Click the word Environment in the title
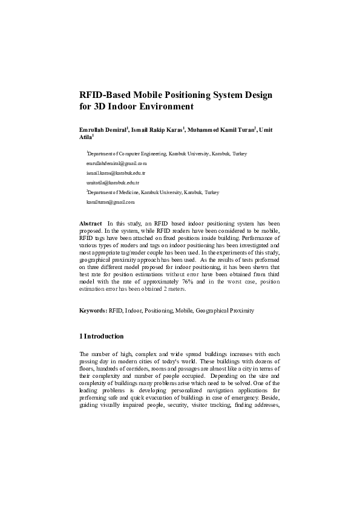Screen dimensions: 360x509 [x=163, y=108]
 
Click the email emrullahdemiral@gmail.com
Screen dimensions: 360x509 [x=117, y=163]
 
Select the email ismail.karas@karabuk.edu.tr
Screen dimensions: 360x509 [x=116, y=173]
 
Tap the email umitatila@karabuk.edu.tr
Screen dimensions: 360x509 [x=114, y=182]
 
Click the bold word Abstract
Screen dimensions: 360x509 [x=91, y=224]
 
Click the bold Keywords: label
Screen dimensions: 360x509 [x=93, y=311]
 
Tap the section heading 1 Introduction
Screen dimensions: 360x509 [x=102, y=336]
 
